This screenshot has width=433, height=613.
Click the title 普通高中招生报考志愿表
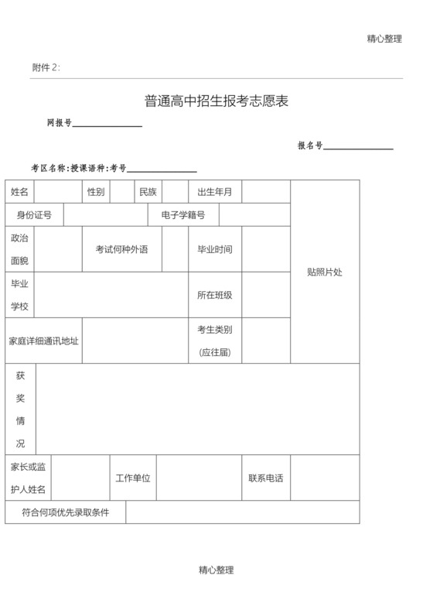click(x=216, y=101)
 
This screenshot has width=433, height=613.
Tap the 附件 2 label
click(x=46, y=67)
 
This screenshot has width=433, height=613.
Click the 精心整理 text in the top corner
click(x=384, y=39)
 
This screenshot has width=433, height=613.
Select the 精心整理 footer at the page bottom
click(x=216, y=570)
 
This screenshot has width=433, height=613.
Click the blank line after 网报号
click(x=107, y=125)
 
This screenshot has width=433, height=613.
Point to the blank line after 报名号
click(x=359, y=147)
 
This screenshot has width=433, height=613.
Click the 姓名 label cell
click(x=19, y=192)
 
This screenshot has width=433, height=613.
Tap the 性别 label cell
click(x=96, y=192)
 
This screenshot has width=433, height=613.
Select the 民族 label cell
click(x=148, y=192)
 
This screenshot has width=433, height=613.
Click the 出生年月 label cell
click(x=215, y=192)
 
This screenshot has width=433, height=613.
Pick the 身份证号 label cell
click(x=34, y=214)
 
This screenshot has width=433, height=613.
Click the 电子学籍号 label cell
click(x=183, y=214)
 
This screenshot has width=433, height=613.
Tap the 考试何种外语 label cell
click(x=121, y=249)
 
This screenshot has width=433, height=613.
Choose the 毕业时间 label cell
click(x=215, y=249)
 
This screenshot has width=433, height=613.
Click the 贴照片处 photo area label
click(x=325, y=272)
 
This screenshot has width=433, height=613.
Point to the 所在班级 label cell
click(x=215, y=295)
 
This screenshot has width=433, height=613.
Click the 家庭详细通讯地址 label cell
click(x=43, y=341)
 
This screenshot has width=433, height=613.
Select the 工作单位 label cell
click(x=133, y=478)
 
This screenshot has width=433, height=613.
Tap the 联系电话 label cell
click(x=265, y=478)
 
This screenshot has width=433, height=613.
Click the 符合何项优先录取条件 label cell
click(x=65, y=512)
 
